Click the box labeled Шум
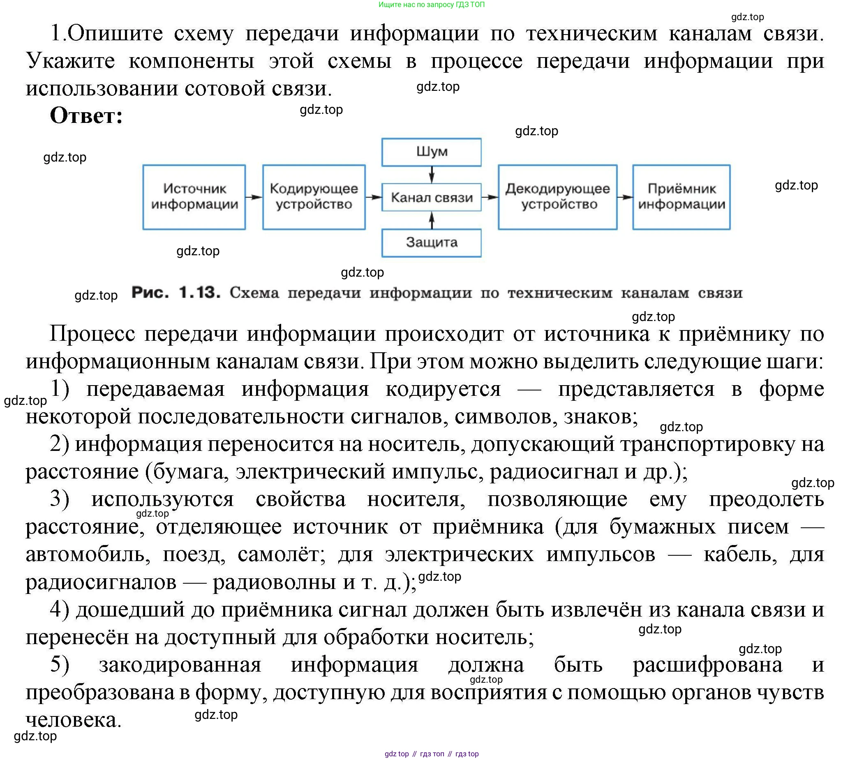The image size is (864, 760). pos(431,152)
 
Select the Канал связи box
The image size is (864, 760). pos(431,197)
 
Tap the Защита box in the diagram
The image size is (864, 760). pos(431,243)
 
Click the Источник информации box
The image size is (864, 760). pos(194,197)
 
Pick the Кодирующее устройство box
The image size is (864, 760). pos(314,197)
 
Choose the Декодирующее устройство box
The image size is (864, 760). pos(557,197)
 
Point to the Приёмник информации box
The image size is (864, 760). pos(681,197)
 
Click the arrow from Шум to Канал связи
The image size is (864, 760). pos(432,175)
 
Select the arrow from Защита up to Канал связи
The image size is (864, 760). pos(432,220)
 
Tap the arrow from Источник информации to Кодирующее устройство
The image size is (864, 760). pos(254,197)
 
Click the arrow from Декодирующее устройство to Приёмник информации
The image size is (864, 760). pos(624,197)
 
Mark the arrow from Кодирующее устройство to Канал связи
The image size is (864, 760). pos(373,197)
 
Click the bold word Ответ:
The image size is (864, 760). pos(86,116)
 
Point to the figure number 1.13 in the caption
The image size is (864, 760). pos(199,293)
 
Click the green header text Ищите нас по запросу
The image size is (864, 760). pos(416,5)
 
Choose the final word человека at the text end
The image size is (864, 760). pos(73,720)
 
